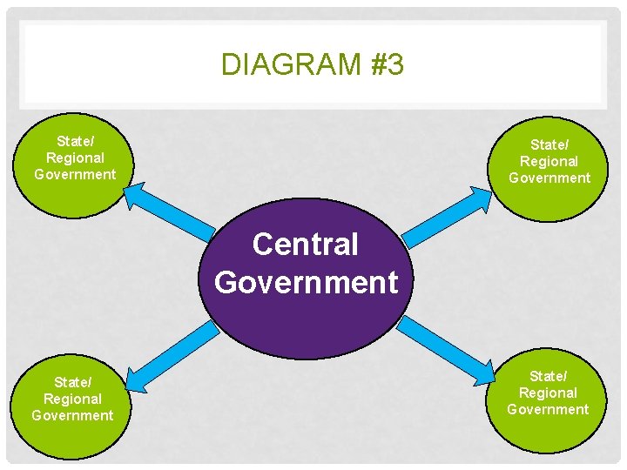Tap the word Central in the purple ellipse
click(x=305, y=245)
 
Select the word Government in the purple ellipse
click(x=306, y=282)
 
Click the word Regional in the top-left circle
click(x=75, y=158)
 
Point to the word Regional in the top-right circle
click(x=549, y=161)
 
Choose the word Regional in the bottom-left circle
click(x=73, y=399)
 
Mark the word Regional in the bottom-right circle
click(x=548, y=393)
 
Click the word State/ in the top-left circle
click(x=75, y=141)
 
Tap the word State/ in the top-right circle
click(x=549, y=144)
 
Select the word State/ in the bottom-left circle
click(x=73, y=382)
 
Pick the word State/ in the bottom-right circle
click(x=548, y=376)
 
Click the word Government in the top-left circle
click(x=75, y=174)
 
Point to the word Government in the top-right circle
click(x=549, y=178)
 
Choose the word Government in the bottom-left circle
click(x=73, y=415)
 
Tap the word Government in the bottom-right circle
click(x=548, y=409)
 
